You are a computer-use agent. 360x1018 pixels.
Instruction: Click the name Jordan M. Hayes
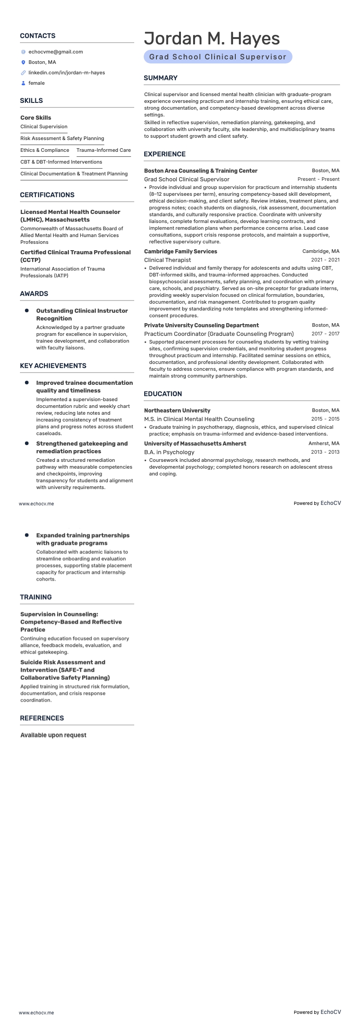pos(212,39)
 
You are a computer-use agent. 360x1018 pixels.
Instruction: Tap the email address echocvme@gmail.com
pos(55,52)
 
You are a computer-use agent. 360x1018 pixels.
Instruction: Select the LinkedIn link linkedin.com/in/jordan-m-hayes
pos(67,73)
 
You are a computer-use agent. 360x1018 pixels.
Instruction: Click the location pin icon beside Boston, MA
pos(24,63)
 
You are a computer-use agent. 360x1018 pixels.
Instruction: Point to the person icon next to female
pos(24,83)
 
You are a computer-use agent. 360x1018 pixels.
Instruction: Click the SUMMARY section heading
pos(161,78)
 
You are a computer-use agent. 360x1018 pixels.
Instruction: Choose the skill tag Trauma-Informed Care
pos(103,150)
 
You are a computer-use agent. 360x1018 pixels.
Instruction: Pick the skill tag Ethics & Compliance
pos(45,150)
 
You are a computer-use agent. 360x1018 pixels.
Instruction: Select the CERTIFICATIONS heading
pos(47,195)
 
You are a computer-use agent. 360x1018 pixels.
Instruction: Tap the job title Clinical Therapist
pos(167,260)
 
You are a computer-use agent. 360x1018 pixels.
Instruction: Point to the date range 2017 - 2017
pos(325,334)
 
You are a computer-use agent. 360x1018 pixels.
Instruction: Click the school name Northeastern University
pos(177,411)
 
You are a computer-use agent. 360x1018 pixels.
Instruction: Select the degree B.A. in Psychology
pos(169,452)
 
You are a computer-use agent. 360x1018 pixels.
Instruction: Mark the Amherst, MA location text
pos(324,444)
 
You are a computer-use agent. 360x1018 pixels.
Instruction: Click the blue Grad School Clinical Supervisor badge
pos(218,57)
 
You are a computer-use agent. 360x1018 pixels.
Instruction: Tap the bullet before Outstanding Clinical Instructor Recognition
pos(27,311)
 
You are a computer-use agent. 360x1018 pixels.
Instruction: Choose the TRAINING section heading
pos(36,597)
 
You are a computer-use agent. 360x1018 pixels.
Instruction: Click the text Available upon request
pos(53,735)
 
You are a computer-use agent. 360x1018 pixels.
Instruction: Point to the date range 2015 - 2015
pos(325,419)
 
